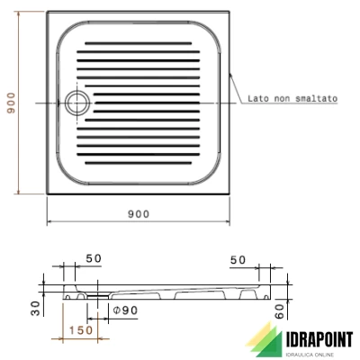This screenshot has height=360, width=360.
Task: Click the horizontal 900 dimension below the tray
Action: [x=139, y=213]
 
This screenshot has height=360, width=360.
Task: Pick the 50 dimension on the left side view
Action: [x=94, y=259]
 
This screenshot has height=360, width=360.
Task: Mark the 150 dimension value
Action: [x=82, y=331]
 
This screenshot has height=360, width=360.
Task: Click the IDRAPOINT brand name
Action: [x=309, y=338]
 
